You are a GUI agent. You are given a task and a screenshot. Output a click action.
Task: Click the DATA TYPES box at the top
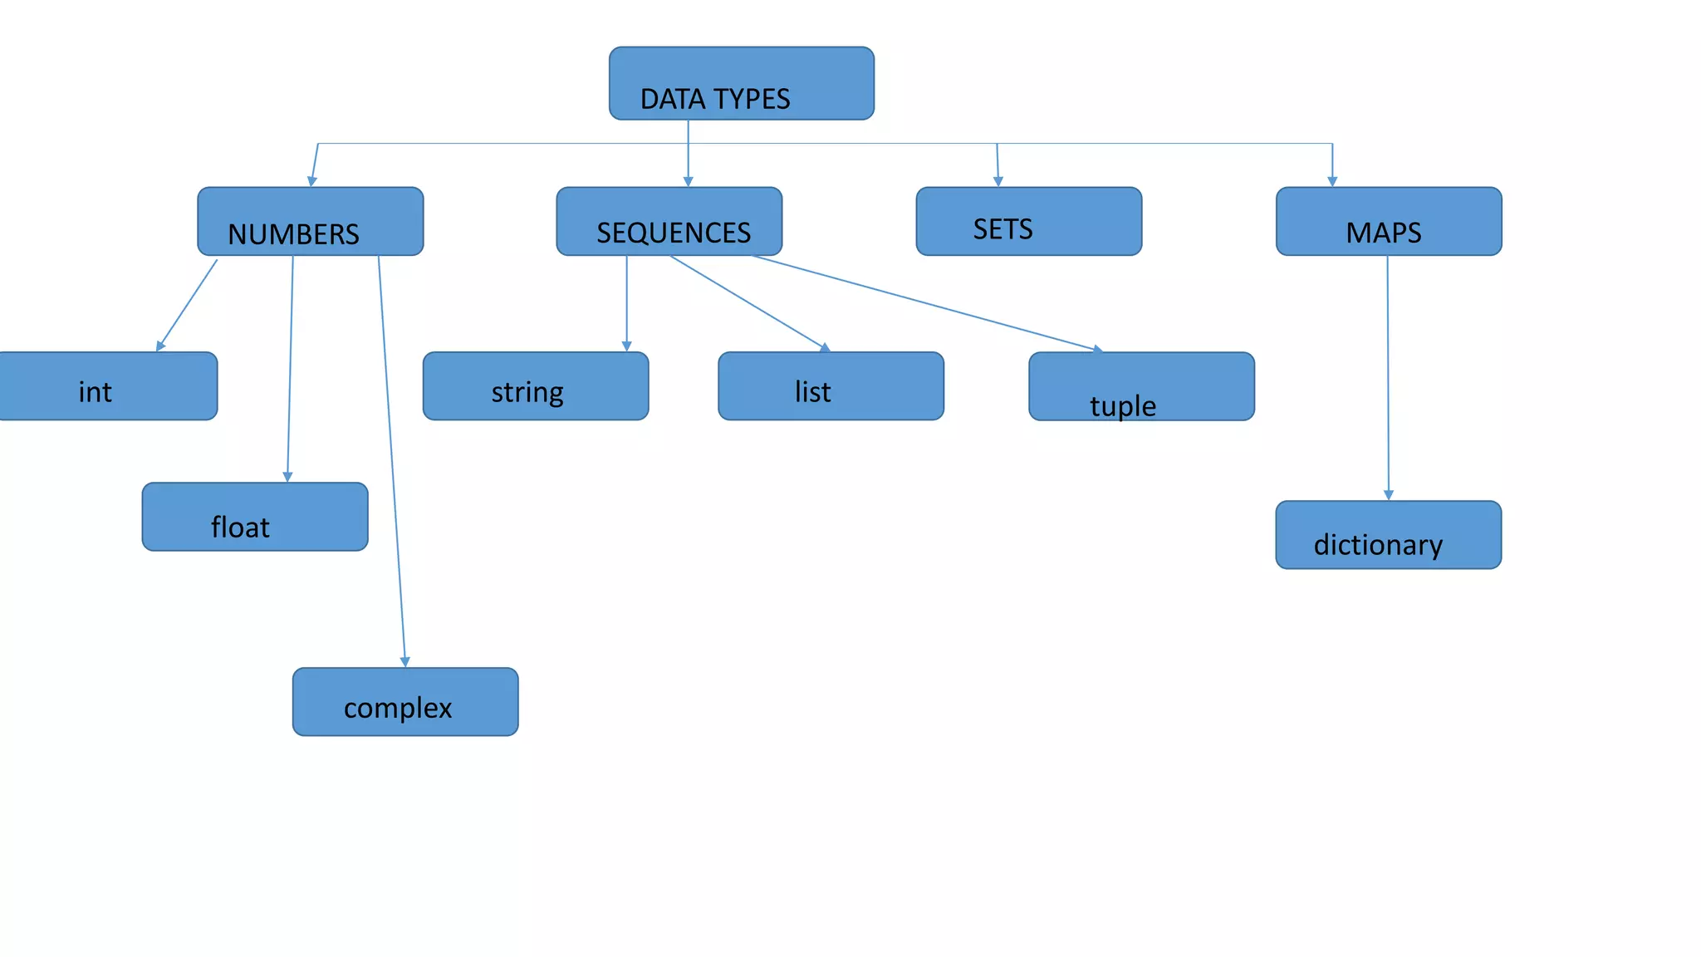click(x=741, y=83)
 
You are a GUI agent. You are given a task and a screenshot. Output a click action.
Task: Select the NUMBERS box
click(x=310, y=221)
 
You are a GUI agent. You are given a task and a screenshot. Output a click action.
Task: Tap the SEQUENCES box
click(x=669, y=221)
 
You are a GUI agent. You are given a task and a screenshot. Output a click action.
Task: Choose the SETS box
click(x=1028, y=221)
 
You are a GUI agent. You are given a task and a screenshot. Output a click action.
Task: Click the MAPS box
click(x=1388, y=221)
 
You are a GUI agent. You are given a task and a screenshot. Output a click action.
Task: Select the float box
click(x=254, y=517)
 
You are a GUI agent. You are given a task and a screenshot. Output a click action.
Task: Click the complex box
click(x=405, y=702)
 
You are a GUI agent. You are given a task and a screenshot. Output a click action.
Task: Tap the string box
click(x=535, y=386)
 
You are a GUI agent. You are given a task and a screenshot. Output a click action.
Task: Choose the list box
click(x=831, y=386)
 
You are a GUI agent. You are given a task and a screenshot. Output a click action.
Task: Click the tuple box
click(x=1141, y=386)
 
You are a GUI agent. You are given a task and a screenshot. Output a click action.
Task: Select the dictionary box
click(x=1388, y=535)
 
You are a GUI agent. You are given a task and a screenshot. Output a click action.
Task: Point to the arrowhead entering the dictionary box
click(x=1389, y=495)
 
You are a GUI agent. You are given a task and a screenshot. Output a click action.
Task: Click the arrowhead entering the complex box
click(x=405, y=662)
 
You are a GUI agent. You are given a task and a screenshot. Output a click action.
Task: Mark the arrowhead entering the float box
click(x=287, y=477)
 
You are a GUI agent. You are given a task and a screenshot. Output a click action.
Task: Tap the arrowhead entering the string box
click(x=627, y=346)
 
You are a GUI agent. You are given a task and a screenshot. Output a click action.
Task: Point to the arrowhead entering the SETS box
click(x=998, y=181)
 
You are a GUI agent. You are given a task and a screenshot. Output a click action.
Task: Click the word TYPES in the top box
click(x=751, y=99)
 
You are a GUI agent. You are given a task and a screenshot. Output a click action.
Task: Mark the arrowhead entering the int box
click(x=160, y=346)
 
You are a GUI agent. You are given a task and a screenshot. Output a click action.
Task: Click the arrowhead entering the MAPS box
click(x=1332, y=181)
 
